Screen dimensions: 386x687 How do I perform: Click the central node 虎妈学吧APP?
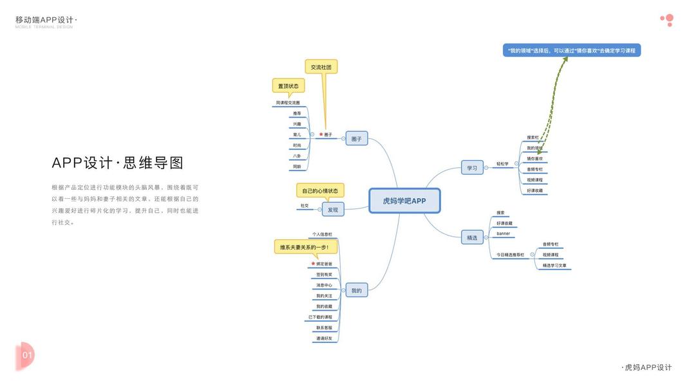point(404,201)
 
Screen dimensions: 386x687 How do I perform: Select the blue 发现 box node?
point(333,209)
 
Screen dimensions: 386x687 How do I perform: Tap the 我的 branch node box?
point(356,290)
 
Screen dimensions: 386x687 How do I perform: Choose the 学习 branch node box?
point(472,168)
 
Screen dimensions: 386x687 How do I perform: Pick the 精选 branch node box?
point(472,237)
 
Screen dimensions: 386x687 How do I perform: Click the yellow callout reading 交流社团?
point(321,67)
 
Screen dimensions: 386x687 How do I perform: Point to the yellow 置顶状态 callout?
point(288,86)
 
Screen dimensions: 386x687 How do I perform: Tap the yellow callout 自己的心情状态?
point(320,190)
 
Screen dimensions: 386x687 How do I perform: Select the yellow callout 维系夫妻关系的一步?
point(305,246)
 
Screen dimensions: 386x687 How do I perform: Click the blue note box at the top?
point(571,50)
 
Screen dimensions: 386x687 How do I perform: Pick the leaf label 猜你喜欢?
point(535,158)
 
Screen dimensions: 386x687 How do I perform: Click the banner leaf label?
point(503,234)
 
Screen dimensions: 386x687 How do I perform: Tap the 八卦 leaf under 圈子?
point(297,156)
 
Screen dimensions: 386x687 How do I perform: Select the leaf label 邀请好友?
point(324,338)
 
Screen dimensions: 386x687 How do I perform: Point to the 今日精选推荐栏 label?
point(509,255)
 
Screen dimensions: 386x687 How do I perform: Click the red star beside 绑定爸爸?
point(313,264)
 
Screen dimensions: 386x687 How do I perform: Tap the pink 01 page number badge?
point(25,354)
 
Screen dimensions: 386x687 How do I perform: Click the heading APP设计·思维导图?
point(118,163)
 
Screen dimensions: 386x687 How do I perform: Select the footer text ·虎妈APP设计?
point(646,367)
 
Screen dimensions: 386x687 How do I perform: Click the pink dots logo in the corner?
point(667,20)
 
